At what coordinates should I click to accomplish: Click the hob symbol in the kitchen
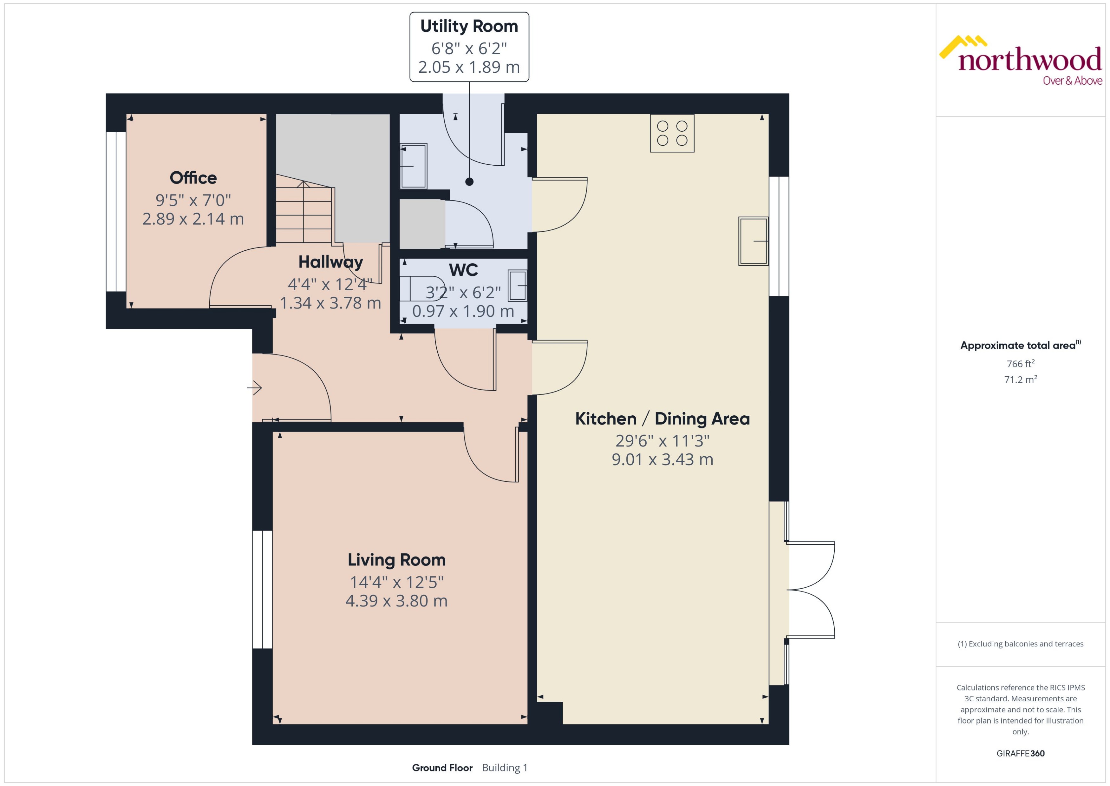click(672, 133)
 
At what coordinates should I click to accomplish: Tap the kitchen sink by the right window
click(753, 241)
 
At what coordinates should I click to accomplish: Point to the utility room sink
click(414, 166)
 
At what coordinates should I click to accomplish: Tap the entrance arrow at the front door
click(254, 388)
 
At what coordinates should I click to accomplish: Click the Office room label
click(193, 178)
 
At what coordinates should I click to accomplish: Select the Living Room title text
click(396, 559)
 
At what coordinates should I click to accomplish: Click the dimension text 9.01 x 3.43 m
click(662, 459)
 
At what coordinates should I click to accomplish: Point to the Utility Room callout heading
click(469, 26)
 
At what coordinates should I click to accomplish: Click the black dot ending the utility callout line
click(469, 182)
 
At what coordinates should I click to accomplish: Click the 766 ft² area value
click(1020, 363)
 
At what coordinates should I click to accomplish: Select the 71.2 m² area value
click(1020, 380)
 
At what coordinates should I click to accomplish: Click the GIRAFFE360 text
click(1020, 754)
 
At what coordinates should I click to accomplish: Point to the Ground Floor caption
click(442, 768)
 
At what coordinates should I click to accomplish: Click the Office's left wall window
click(116, 212)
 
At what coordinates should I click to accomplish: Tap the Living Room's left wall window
click(263, 590)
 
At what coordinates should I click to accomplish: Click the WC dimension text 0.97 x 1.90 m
click(463, 311)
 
